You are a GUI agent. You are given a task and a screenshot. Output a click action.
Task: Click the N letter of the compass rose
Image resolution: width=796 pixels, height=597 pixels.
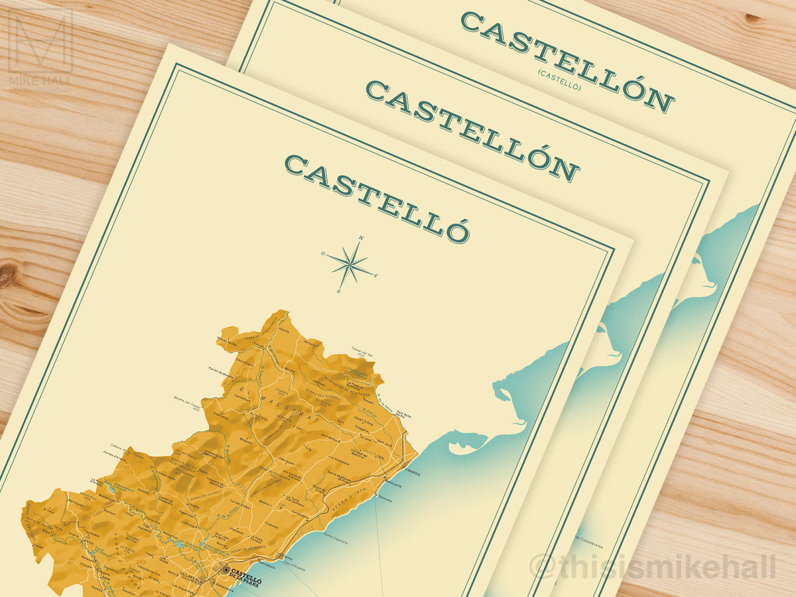[x=362, y=238]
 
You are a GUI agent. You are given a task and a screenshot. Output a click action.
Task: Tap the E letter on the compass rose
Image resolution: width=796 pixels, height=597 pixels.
[x=375, y=276]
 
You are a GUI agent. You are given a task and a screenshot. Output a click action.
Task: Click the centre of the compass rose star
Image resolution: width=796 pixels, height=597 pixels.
[x=350, y=265]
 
